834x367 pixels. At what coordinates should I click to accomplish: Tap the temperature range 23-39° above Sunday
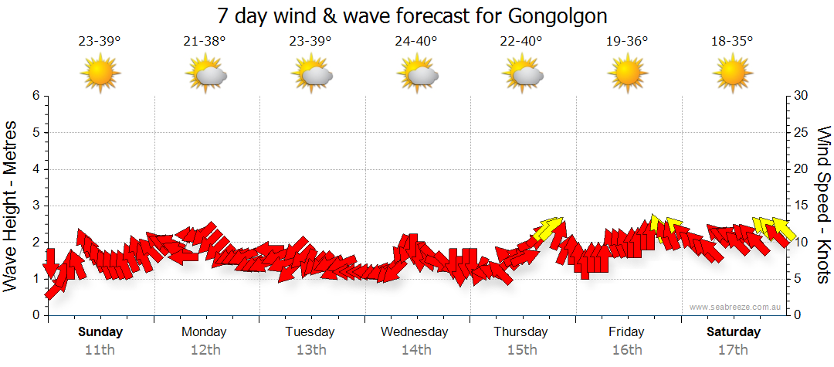coord(100,41)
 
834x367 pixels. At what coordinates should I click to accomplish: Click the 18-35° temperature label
coord(732,41)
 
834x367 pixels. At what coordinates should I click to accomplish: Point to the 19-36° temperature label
coord(626,41)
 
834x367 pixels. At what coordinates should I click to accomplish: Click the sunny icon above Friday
coord(626,74)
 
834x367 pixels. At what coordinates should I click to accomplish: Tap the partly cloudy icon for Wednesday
coord(417,74)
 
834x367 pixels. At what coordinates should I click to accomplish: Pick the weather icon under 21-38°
coord(206,74)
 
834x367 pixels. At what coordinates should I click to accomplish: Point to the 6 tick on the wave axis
coord(36,96)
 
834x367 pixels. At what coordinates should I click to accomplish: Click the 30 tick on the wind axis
coord(802,96)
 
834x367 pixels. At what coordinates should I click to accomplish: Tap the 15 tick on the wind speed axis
coord(802,206)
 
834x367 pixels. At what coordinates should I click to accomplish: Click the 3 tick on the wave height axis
coord(36,206)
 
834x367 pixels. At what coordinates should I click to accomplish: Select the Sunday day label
coord(100,332)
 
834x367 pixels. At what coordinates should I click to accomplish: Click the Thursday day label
coord(520,332)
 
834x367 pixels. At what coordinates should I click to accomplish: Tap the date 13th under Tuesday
coord(310,349)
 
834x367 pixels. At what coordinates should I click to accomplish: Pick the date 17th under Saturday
coord(732,349)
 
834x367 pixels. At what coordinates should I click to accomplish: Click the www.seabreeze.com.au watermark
coord(736,307)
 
